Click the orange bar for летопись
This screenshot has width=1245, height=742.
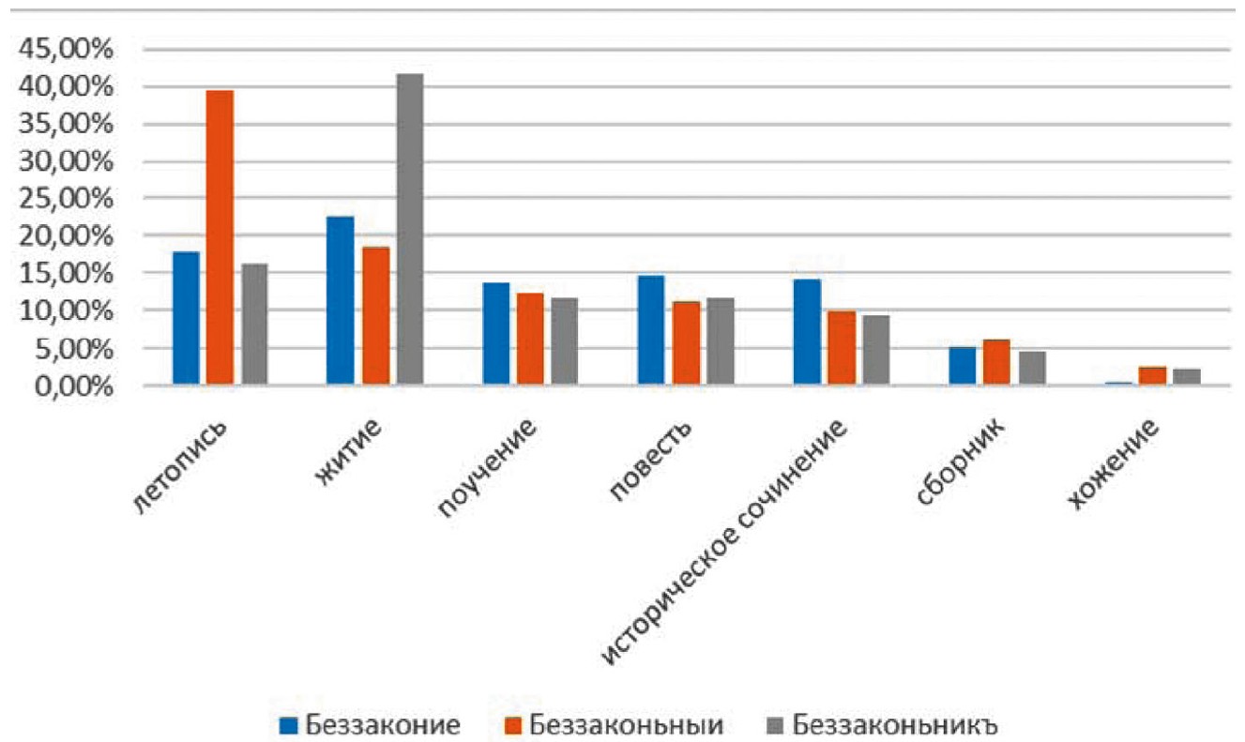pyautogui.click(x=220, y=238)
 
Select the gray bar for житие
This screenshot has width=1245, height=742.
pyautogui.click(x=409, y=230)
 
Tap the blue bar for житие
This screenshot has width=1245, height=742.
pyautogui.click(x=340, y=301)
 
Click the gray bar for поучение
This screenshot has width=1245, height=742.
pyautogui.click(x=565, y=341)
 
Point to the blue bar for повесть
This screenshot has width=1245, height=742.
pyautogui.click(x=651, y=330)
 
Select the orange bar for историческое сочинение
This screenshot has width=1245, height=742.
pyautogui.click(x=842, y=348)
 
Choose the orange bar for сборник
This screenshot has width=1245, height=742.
pyautogui.click(x=997, y=362)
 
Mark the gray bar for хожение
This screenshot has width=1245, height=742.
pyautogui.click(x=1187, y=376)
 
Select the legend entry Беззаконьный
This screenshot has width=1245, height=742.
pyautogui.click(x=614, y=725)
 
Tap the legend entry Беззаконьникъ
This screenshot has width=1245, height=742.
pyautogui.click(x=881, y=725)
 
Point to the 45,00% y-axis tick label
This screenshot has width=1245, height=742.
pyautogui.click(x=63, y=50)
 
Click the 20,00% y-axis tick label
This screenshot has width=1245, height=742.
pyautogui.click(x=63, y=236)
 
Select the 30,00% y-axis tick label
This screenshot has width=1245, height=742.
pyautogui.click(x=63, y=161)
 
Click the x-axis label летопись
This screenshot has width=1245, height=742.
pyautogui.click(x=182, y=465)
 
